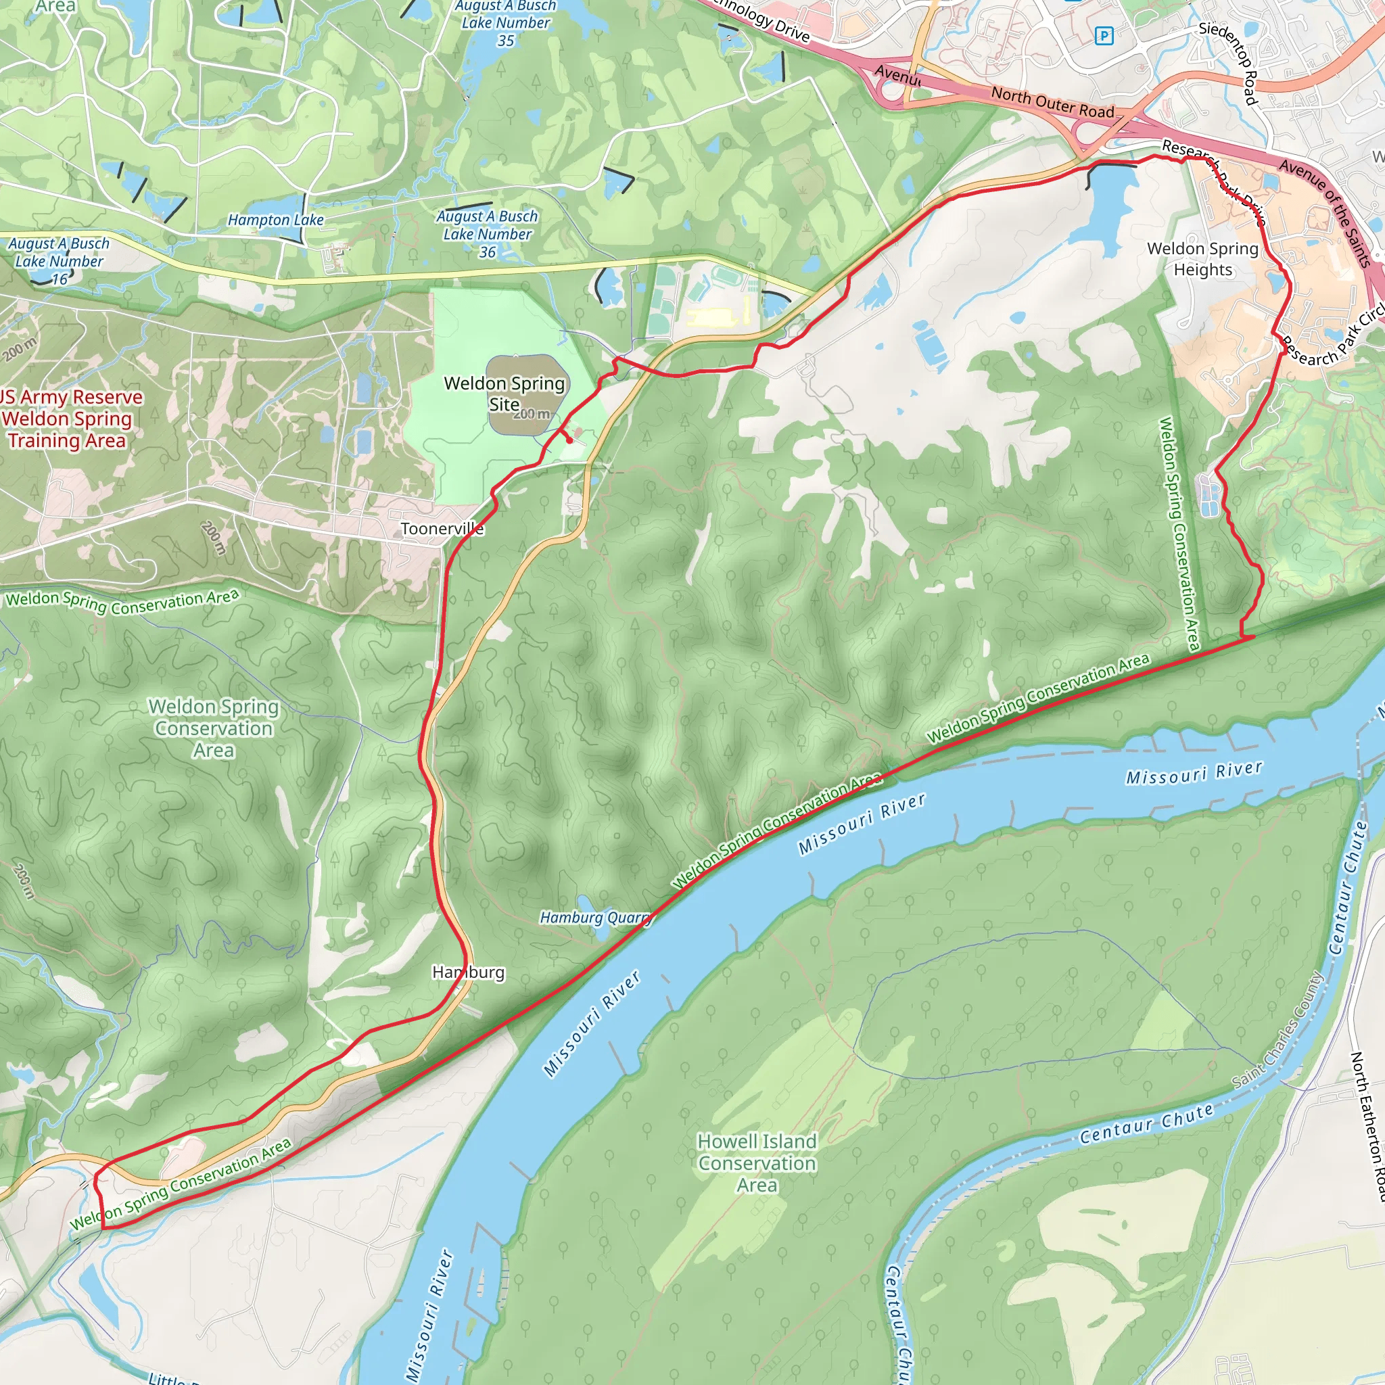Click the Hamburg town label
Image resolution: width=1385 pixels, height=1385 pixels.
pos(468,972)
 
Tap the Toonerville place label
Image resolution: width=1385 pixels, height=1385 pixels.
pos(442,529)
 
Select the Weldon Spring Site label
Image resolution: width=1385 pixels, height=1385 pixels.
pos(504,394)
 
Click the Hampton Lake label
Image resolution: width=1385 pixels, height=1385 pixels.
pos(275,220)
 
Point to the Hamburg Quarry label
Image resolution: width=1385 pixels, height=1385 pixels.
pos(595,918)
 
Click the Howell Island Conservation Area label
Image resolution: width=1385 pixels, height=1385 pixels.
pos(757,1163)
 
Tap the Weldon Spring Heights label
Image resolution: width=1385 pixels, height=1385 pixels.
pos(1202,259)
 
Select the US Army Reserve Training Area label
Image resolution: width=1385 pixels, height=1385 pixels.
pos(68,419)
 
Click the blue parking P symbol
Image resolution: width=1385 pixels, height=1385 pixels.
pos(1104,35)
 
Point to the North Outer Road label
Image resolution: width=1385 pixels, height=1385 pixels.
pos(1052,103)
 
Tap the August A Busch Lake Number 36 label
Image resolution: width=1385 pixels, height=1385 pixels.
pos(488,234)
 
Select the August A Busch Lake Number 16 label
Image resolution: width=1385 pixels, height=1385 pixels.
pos(59,261)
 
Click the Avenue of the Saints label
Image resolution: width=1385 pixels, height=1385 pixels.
pos(1326,212)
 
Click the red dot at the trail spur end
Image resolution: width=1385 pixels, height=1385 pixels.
pos(569,442)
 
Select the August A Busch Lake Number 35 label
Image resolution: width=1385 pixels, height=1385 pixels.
pos(505,23)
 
